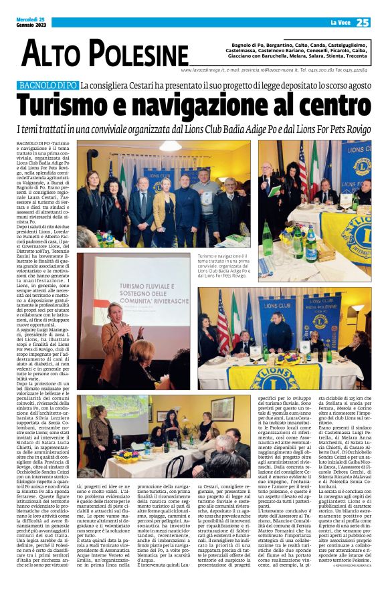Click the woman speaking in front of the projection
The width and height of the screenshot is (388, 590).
116,334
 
